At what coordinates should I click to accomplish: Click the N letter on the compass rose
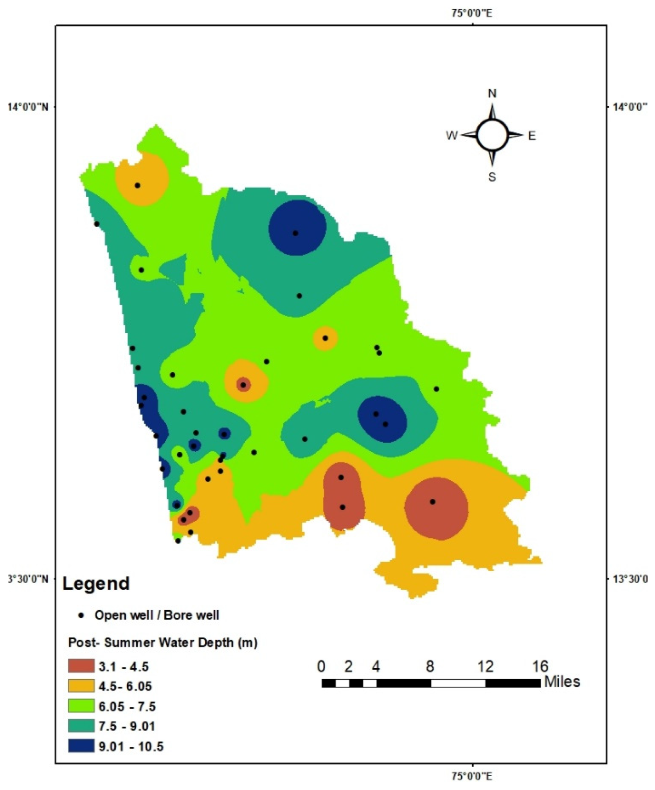(492, 94)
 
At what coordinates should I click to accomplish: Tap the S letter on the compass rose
(492, 177)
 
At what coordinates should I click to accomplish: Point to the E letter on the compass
(532, 136)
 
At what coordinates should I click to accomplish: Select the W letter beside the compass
(452, 135)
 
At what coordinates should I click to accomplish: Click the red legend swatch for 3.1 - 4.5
(81, 666)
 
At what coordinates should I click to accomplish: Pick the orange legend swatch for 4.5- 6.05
(81, 686)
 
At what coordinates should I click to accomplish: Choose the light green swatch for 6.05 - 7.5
(81, 706)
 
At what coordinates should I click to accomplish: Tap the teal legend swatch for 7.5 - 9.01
(81, 726)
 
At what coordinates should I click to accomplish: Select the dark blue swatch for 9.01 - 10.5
(81, 746)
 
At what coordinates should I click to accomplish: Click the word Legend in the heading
(96, 584)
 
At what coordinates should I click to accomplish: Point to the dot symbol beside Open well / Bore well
(81, 615)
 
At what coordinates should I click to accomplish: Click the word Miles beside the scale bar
(562, 682)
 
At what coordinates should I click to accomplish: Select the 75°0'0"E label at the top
(472, 13)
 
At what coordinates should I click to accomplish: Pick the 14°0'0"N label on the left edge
(28, 106)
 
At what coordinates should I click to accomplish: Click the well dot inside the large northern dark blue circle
(295, 233)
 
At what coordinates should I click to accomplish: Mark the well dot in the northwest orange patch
(137, 186)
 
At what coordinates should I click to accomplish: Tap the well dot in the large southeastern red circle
(432, 502)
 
